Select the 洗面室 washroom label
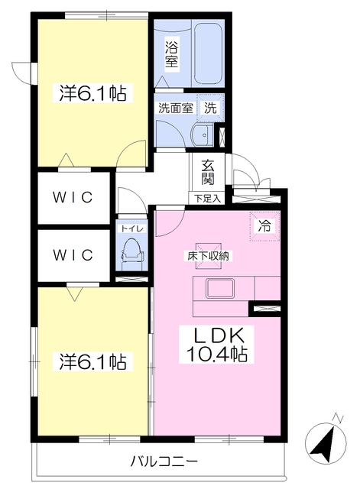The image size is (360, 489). pos(175,108)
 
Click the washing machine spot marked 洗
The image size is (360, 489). pos(209,108)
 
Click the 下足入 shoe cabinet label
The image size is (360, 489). pos(206,199)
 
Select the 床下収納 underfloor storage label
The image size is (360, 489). pos(208,256)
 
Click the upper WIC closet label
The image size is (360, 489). pos(73,197)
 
